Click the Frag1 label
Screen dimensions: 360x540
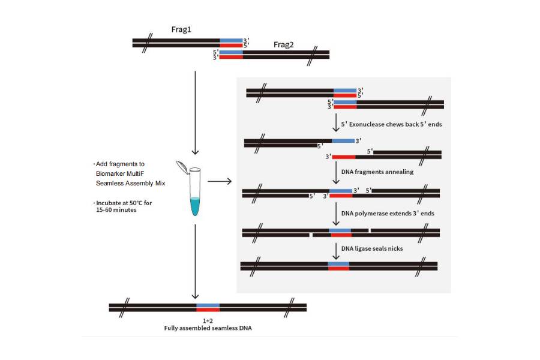coord(181,29)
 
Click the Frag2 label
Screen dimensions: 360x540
coord(283,44)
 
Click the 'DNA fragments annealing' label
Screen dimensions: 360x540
coord(377,172)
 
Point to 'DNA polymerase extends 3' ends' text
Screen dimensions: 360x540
coord(388,213)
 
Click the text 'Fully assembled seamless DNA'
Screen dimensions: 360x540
coord(207,328)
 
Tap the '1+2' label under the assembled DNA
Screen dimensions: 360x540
coord(208,320)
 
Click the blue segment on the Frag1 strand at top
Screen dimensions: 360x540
coord(231,41)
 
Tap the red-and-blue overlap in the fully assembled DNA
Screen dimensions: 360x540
coord(208,307)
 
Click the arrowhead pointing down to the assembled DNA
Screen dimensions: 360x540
coord(194,295)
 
